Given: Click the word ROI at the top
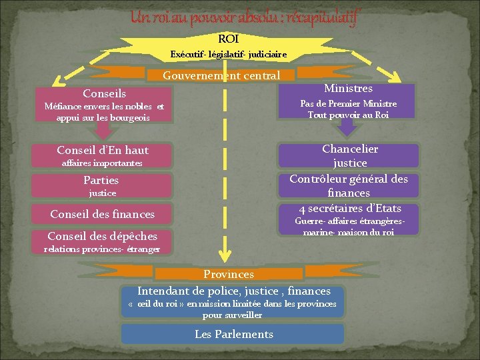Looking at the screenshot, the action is [x=228, y=39].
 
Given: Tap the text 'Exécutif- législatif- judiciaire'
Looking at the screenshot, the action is [x=228, y=54].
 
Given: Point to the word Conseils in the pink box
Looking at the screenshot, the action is [x=104, y=94].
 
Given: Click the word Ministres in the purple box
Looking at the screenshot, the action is [x=348, y=88].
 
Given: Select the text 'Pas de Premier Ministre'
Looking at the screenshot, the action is [x=348, y=103].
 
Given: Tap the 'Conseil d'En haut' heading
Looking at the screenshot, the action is [x=103, y=150].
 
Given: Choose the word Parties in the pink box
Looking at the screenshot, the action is [x=101, y=180].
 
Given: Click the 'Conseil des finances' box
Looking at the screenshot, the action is [x=103, y=214].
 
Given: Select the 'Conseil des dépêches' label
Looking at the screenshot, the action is [x=103, y=236].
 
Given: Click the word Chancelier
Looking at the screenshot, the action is [x=350, y=149].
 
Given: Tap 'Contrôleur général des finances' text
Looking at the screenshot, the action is [x=349, y=185].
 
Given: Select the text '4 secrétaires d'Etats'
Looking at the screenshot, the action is [x=350, y=209].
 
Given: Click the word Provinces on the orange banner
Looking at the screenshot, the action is [x=229, y=274].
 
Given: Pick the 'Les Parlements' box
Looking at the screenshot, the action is [x=233, y=334].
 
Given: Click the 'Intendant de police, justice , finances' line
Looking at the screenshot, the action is [x=233, y=291].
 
